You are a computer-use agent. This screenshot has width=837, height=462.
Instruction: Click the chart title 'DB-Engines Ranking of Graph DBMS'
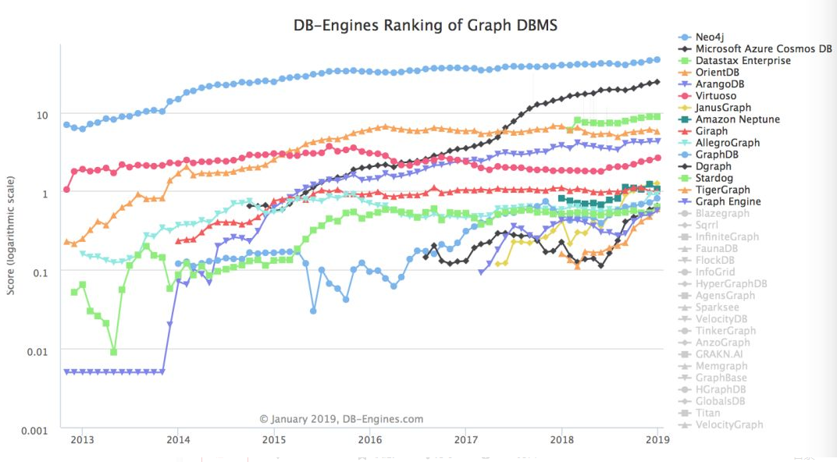426,25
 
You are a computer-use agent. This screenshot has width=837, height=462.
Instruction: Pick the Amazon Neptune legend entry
737,119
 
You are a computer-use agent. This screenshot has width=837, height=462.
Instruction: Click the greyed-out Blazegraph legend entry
723,213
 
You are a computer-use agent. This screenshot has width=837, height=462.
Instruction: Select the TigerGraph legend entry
722,190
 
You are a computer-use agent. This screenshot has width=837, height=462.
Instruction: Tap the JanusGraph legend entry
723,108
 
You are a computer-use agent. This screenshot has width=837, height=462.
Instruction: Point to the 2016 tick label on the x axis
369,439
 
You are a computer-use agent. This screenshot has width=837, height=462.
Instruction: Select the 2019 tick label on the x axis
657,439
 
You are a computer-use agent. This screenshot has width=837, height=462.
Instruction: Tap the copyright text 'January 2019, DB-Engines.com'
341,419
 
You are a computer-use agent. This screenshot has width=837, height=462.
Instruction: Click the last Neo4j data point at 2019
657,59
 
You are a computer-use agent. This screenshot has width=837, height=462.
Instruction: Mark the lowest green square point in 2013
114,352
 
